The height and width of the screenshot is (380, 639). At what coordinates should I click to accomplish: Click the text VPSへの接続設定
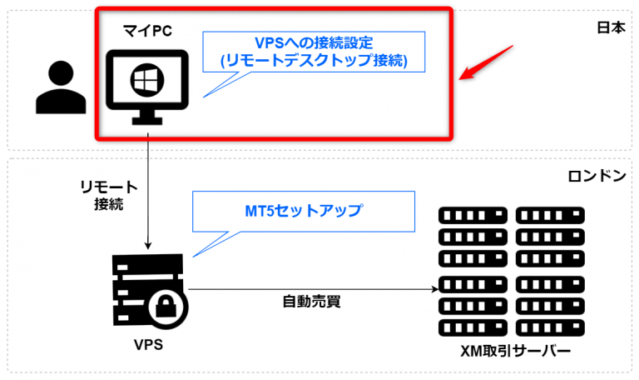(x=315, y=43)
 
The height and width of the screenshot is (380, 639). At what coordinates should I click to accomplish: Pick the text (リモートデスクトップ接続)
(x=315, y=62)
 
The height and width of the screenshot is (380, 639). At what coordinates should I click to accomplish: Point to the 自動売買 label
(x=312, y=302)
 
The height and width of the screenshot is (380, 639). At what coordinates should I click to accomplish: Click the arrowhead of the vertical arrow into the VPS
(x=148, y=244)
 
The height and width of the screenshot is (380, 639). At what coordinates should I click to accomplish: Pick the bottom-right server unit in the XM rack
(x=549, y=325)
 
